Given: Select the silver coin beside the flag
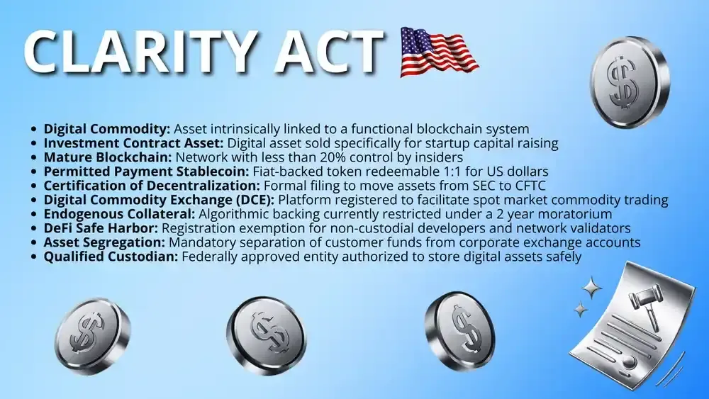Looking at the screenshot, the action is pyautogui.click(x=629, y=82).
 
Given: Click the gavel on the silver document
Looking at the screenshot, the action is pyautogui.click(x=646, y=300).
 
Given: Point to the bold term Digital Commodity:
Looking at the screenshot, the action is pyautogui.click(x=107, y=129).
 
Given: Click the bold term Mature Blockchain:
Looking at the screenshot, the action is pyautogui.click(x=108, y=157).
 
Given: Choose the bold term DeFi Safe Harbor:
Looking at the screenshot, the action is pyautogui.click(x=101, y=228).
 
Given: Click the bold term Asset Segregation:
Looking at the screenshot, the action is pyautogui.click(x=104, y=242).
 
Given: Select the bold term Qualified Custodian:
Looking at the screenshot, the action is pyautogui.click(x=111, y=257).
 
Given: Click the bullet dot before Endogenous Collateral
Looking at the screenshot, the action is pyautogui.click(x=34, y=214).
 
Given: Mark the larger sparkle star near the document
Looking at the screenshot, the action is pyautogui.click(x=591, y=288).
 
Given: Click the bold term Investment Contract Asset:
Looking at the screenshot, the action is pyautogui.click(x=133, y=143).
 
